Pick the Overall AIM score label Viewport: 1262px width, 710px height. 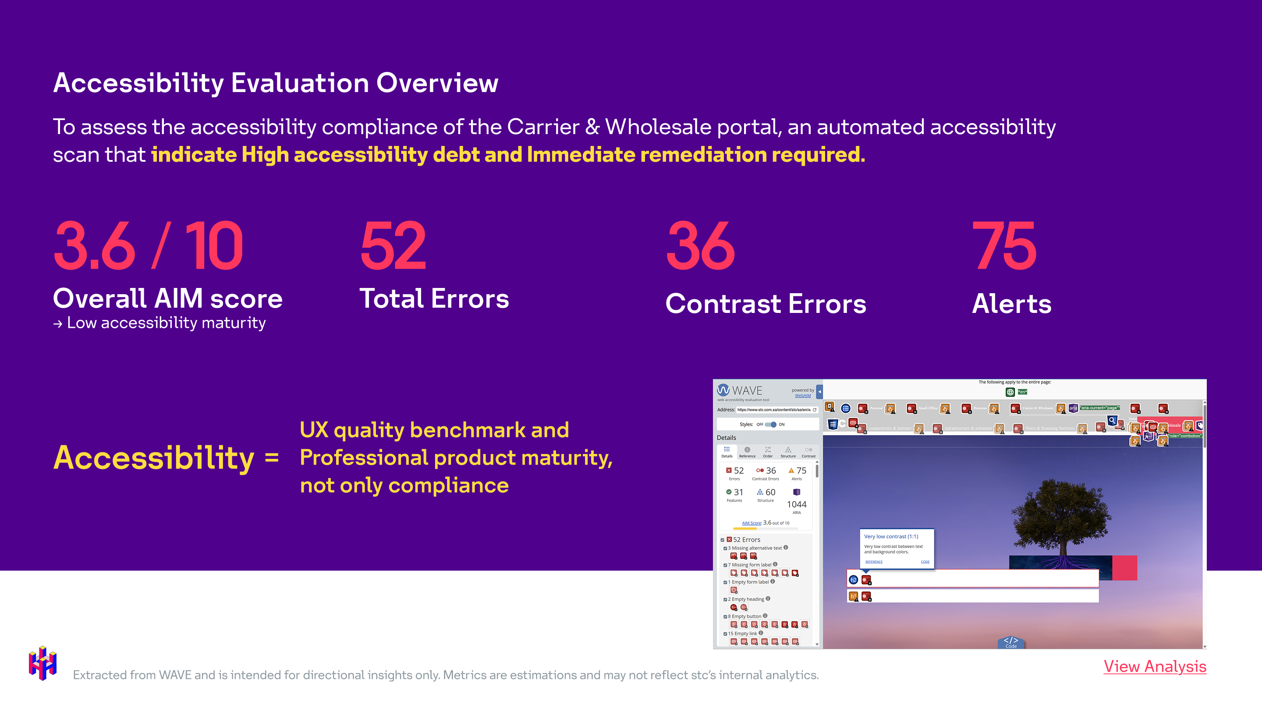167,298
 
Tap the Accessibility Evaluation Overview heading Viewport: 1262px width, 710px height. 275,82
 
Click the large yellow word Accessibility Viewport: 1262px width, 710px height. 153,458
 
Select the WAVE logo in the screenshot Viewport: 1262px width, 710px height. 740,390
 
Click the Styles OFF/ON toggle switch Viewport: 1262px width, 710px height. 771,424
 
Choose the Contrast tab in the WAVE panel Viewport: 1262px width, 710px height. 808,452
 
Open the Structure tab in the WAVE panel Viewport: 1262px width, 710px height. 788,452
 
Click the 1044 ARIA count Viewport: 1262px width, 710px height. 797,504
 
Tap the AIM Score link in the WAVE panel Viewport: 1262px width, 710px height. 752,523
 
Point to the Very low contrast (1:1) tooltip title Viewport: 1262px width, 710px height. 891,536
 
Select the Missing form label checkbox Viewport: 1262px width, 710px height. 726,565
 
